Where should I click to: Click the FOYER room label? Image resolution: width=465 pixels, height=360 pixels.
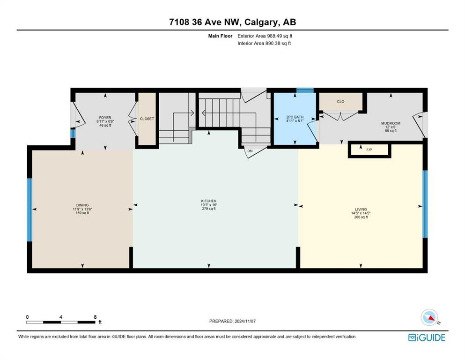click(x=105, y=118)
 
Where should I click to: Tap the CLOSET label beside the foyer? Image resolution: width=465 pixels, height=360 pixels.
click(x=147, y=119)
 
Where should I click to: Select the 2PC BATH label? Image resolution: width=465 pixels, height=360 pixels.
click(x=295, y=117)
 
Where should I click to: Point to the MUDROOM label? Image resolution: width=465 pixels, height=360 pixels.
click(x=391, y=123)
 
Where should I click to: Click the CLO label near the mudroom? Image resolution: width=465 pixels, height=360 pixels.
click(x=340, y=102)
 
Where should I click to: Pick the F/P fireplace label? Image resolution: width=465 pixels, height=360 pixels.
click(x=369, y=150)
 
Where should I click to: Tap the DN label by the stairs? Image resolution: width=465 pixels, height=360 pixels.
click(x=250, y=151)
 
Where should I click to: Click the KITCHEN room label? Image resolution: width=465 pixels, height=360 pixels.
click(x=209, y=201)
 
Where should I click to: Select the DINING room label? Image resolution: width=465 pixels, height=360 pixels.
click(x=82, y=205)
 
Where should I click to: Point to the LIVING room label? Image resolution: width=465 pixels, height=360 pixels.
click(x=361, y=209)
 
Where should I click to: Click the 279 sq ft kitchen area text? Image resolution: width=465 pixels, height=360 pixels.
click(x=209, y=209)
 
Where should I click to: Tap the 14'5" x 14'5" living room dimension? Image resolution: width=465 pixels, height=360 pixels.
click(x=361, y=213)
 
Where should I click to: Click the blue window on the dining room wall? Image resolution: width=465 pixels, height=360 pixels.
click(x=30, y=210)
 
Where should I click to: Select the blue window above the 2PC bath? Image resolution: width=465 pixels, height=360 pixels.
click(x=305, y=90)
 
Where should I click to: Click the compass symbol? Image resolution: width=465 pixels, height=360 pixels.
click(x=429, y=317)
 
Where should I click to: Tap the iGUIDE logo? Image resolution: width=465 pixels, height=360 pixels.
click(x=427, y=337)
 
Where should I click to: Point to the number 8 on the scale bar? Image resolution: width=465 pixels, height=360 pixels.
click(x=95, y=317)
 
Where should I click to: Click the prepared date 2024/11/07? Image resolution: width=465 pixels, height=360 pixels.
click(x=245, y=321)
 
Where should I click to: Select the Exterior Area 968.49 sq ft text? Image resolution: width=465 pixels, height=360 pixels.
click(x=265, y=36)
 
